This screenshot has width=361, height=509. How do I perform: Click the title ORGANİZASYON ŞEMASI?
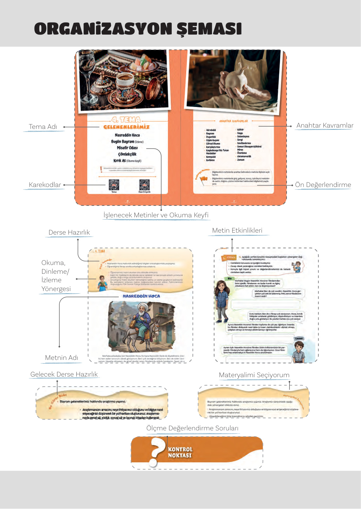pyautogui.click(x=138, y=29)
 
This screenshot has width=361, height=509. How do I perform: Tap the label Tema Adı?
pyautogui.click(x=43, y=127)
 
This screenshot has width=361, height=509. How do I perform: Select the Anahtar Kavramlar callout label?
pyautogui.click(x=324, y=125)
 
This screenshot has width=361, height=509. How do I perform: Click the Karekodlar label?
pyautogui.click(x=45, y=185)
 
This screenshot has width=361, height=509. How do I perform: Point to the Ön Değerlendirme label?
pyautogui.click(x=323, y=185)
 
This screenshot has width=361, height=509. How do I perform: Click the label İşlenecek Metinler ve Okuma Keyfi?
pyautogui.click(x=156, y=215)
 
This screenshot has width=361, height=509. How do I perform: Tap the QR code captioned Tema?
pyautogui.click(x=114, y=185)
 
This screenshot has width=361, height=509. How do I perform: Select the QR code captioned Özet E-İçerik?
pyautogui.click(x=144, y=185)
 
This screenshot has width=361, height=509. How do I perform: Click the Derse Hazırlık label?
pyautogui.click(x=69, y=232)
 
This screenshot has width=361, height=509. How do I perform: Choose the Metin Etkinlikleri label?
pyautogui.click(x=237, y=230)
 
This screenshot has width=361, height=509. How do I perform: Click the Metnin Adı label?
pyautogui.click(x=61, y=358)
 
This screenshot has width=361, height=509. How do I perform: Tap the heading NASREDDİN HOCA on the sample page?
pyautogui.click(x=141, y=296)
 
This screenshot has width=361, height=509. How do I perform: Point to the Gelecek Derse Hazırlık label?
pyautogui.click(x=64, y=374)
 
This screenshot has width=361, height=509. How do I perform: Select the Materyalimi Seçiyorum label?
pyautogui.click(x=254, y=375)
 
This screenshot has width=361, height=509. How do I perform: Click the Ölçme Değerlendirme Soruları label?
pyautogui.click(x=192, y=428)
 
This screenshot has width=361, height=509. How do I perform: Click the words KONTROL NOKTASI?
pyautogui.click(x=180, y=452)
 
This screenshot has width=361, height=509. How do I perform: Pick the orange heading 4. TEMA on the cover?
pyautogui.click(x=126, y=120)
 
